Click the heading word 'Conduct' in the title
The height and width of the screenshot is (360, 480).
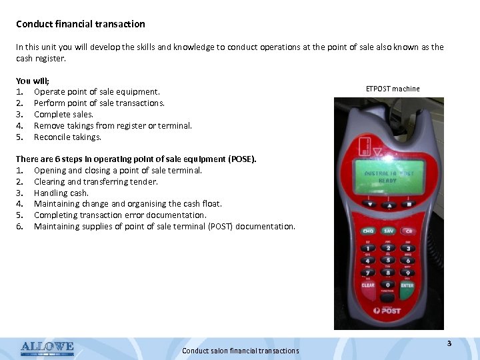point(34,24)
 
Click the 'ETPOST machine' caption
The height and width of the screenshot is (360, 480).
point(393,89)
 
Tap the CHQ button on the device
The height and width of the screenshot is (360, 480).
point(368,232)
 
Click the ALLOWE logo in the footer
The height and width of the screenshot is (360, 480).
point(47,347)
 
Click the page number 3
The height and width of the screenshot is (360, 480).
point(449,343)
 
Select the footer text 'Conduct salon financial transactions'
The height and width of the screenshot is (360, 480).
point(240,351)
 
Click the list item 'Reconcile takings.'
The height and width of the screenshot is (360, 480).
point(67,137)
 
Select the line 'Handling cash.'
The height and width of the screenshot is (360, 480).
point(61,193)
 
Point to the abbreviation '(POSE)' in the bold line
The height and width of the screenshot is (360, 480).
point(242,159)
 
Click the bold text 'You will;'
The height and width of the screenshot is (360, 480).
point(33,80)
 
